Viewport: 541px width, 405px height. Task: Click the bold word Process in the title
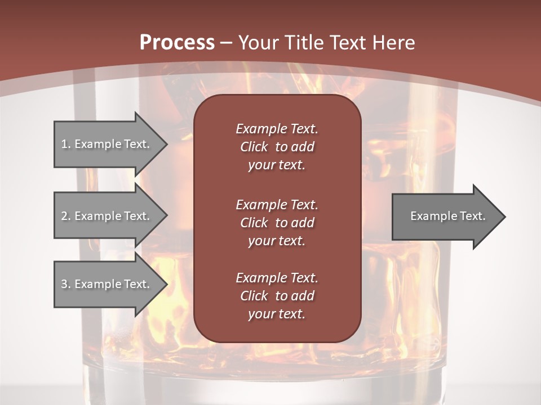tap(177, 42)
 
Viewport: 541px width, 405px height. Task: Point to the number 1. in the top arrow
tap(66, 144)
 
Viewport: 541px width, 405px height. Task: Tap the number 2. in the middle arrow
tap(66, 216)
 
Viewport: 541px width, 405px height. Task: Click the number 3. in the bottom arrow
tap(66, 284)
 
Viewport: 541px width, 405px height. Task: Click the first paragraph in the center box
tap(277, 147)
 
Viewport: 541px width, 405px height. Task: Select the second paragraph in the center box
tap(277, 223)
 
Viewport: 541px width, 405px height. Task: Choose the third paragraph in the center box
tap(277, 296)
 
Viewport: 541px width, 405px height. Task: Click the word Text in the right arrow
tap(472, 216)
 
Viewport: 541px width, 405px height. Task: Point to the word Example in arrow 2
tap(97, 216)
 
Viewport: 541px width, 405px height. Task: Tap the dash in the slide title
tap(226, 43)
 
